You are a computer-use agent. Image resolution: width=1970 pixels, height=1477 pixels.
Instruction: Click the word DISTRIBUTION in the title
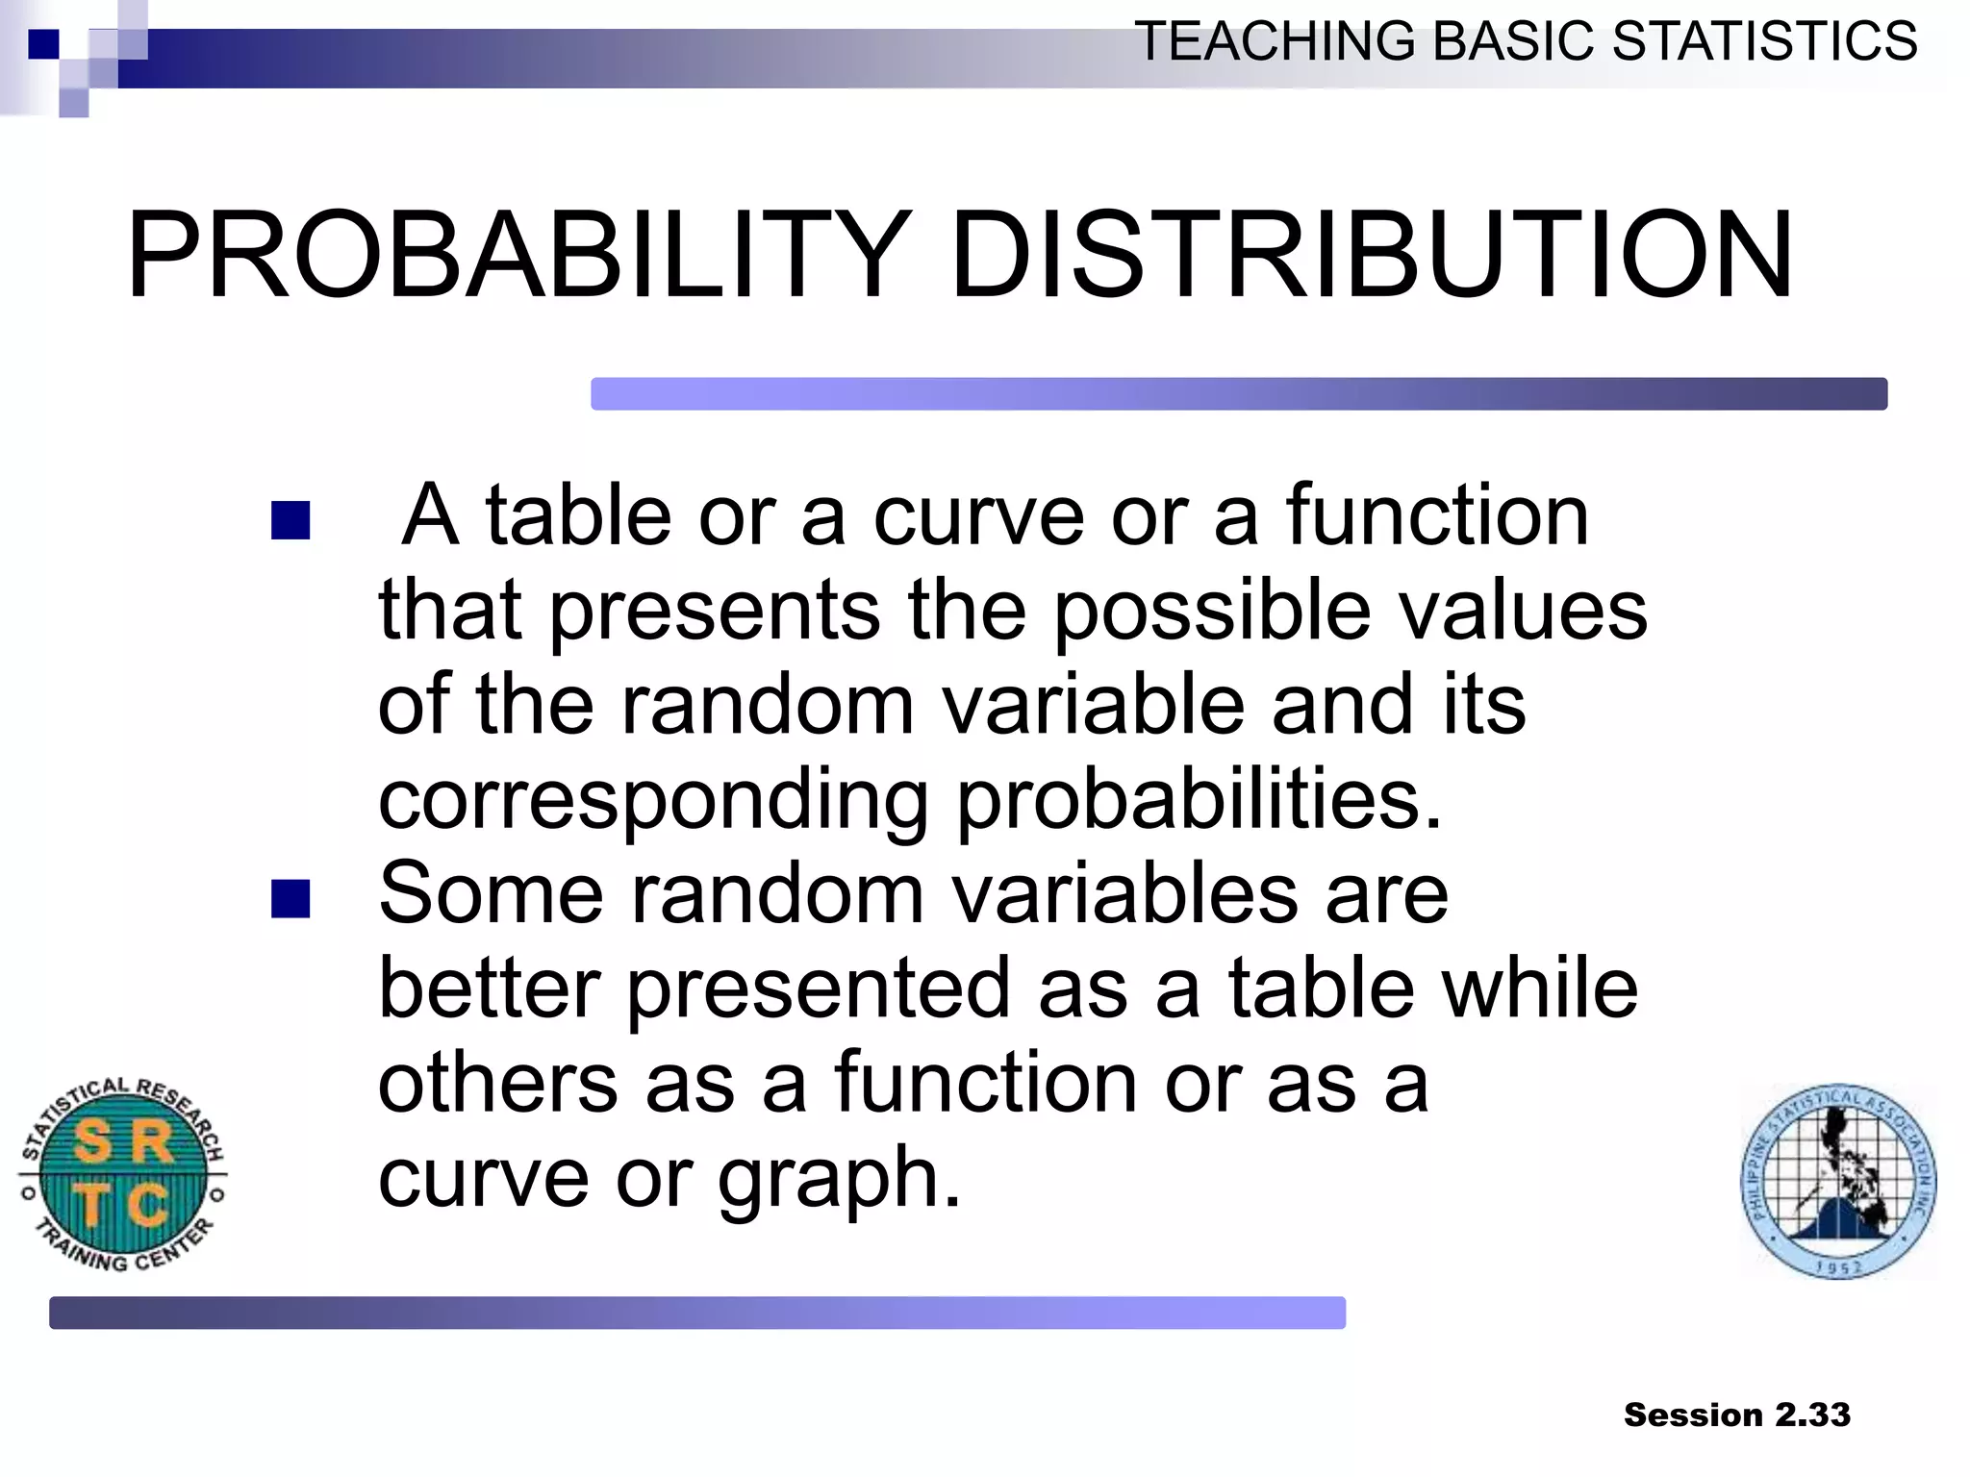1371,256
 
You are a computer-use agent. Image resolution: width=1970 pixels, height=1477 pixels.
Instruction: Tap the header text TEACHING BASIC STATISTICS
1526,42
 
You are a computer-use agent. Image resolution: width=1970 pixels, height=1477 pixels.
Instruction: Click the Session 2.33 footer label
1736,1414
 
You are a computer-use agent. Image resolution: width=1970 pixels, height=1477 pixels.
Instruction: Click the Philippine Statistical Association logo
1838,1181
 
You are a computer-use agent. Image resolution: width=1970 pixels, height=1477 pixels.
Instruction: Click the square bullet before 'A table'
290,520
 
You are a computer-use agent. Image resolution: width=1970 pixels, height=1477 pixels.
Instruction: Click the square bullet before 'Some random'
290,899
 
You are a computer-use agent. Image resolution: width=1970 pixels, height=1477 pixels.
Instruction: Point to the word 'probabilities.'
1199,800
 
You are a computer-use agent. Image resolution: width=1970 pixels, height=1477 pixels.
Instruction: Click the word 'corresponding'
652,800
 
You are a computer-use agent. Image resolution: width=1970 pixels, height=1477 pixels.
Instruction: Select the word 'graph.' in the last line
839,1179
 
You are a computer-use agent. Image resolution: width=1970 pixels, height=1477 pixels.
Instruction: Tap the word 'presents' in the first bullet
714,612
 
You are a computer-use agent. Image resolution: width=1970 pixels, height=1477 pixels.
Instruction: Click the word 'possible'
1212,612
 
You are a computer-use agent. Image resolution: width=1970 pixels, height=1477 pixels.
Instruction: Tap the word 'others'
497,1084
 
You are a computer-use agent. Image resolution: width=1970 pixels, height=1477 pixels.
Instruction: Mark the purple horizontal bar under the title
1238,394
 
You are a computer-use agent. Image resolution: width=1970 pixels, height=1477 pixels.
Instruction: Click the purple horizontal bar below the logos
697,1313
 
